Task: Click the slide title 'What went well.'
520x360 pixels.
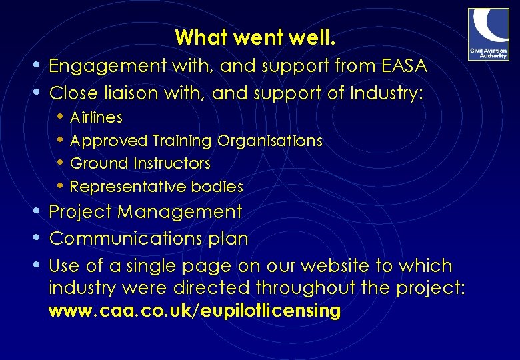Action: click(255, 37)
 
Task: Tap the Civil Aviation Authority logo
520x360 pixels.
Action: click(488, 34)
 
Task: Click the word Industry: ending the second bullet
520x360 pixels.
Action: click(386, 93)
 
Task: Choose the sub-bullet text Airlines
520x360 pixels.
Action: click(96, 118)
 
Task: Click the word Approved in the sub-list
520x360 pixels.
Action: click(109, 141)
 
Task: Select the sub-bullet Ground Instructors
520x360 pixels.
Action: click(140, 163)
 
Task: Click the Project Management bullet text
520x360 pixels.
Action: click(146, 212)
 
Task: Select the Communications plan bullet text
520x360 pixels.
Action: click(149, 239)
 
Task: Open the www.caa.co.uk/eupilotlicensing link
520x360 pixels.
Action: click(195, 311)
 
